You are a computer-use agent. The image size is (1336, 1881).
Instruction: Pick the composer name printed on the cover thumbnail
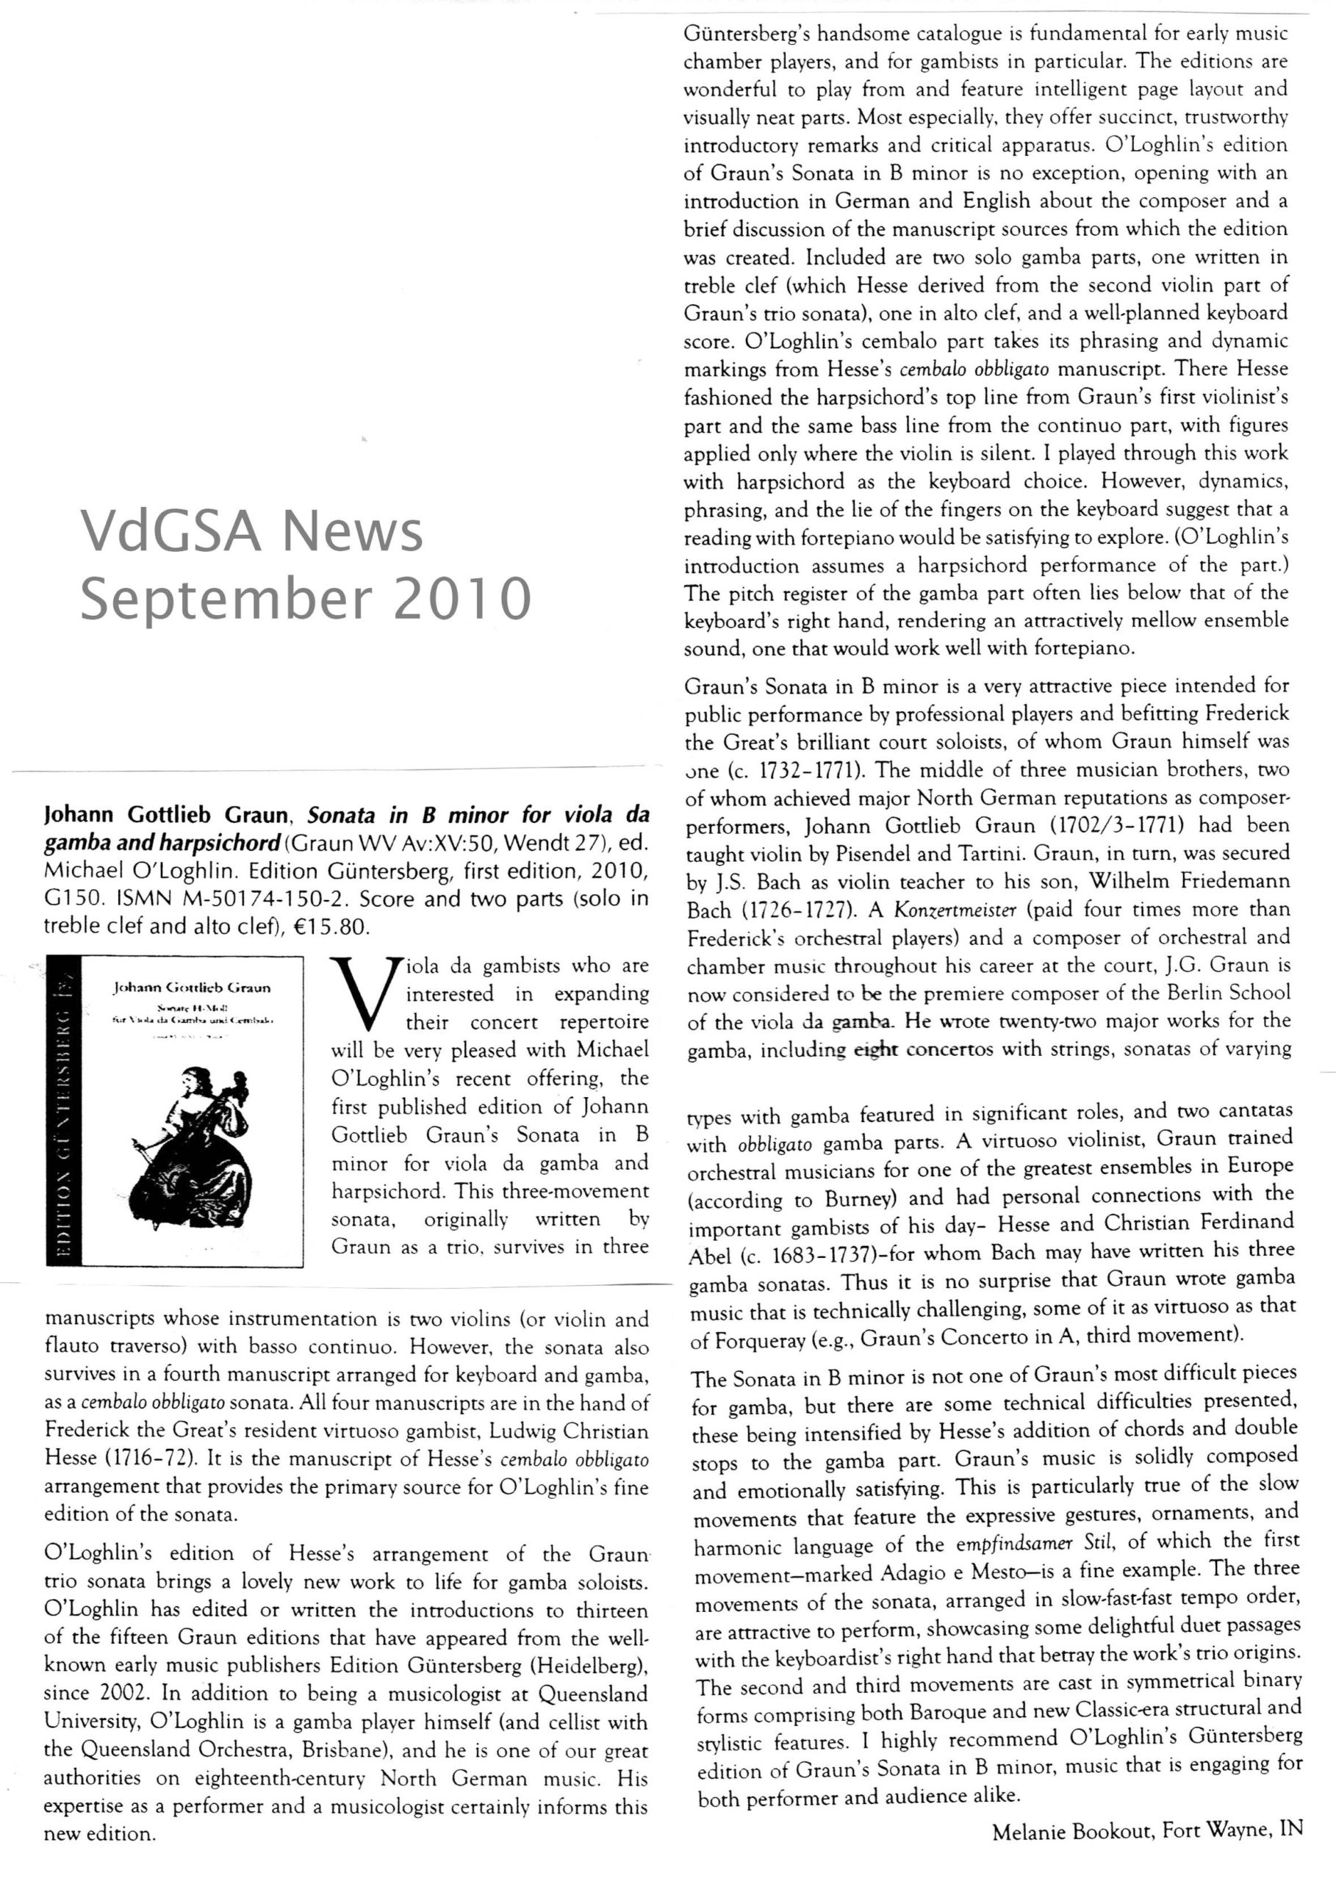point(192,987)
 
